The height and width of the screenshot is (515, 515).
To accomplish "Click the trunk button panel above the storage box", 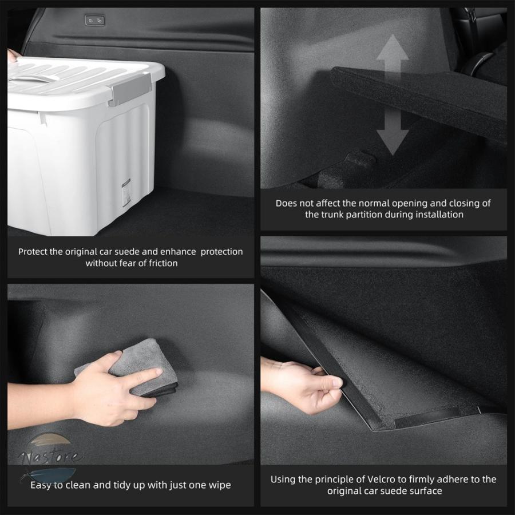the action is point(95,21).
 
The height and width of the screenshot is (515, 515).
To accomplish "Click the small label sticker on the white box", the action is point(126,192).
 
